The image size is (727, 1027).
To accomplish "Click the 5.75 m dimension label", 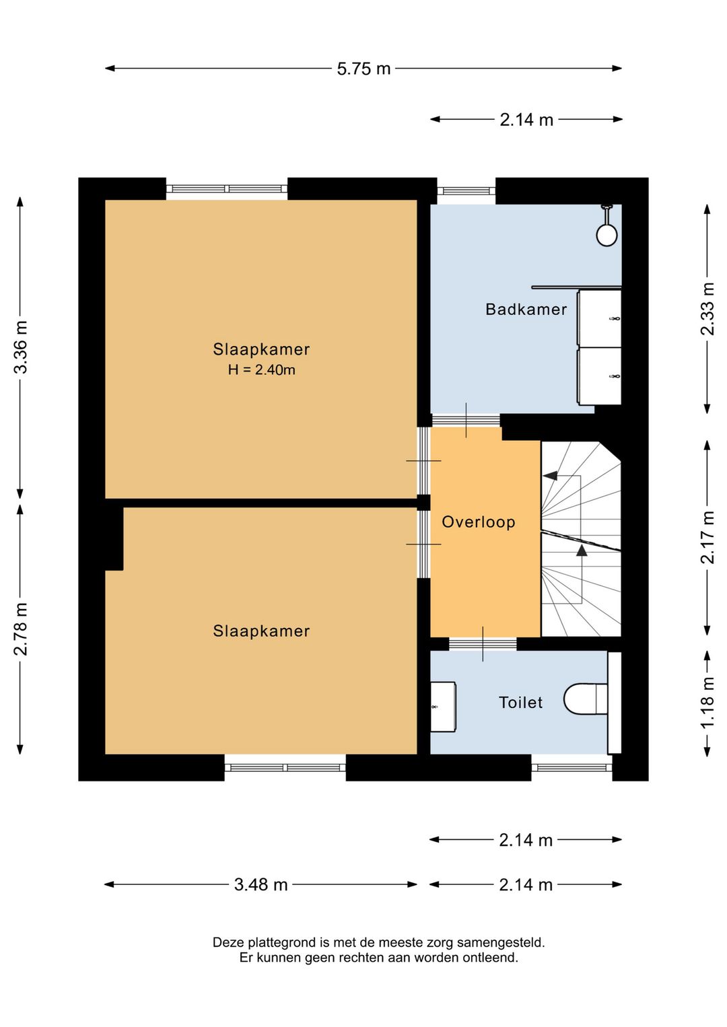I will pos(363,69).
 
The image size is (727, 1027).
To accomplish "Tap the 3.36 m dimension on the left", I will pos(21,347).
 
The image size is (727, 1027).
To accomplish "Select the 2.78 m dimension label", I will pos(21,629).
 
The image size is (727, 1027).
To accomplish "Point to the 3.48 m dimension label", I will pos(261,884).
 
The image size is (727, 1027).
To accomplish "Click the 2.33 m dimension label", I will pos(707,309).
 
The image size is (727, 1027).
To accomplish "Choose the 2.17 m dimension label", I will pos(707,537).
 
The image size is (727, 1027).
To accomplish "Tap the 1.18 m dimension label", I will pos(707,703).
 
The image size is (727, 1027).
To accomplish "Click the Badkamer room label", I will pos(526,310).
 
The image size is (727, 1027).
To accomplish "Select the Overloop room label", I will pos(478,522).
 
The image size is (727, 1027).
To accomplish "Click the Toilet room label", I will pos(520,703).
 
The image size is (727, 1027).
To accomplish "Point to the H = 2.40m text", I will pos(261,370).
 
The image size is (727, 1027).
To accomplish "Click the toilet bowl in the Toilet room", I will pos(584,699).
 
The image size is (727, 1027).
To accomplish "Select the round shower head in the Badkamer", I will pos(607,235).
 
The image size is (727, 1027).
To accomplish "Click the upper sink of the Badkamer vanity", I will pos(599,318).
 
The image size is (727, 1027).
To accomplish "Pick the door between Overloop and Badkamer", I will pos(466,421).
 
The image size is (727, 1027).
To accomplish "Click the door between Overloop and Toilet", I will pos(483,644).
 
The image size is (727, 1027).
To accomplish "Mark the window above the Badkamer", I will pos(466,191).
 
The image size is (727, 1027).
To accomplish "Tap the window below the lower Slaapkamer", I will pos(285,767).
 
